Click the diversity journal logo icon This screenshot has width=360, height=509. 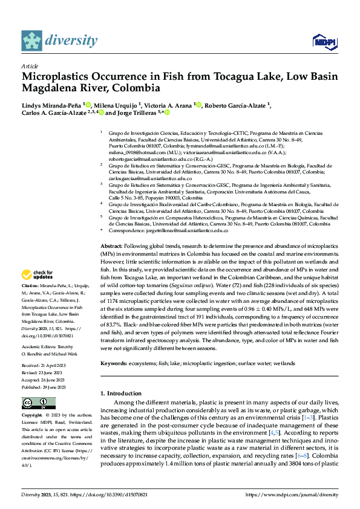coord(31,41)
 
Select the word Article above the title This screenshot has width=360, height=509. coord(30,66)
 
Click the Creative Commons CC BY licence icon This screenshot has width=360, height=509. coord(39,403)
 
